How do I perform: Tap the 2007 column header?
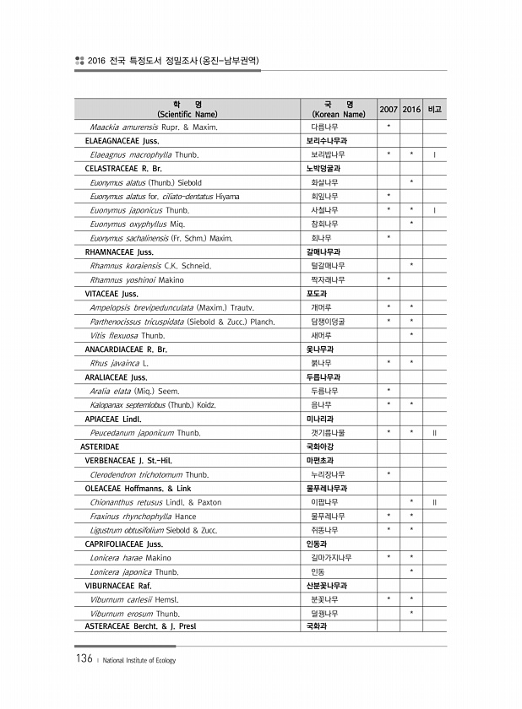click(x=389, y=110)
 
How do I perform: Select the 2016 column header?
click(x=411, y=110)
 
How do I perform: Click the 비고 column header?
click(x=434, y=110)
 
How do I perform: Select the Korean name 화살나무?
click(x=324, y=182)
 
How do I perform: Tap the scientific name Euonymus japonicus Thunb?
click(x=139, y=210)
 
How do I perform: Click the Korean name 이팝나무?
click(x=324, y=502)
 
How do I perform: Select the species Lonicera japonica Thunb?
click(x=134, y=571)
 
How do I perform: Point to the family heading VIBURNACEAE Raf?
click(x=117, y=585)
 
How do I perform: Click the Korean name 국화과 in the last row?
click(x=318, y=626)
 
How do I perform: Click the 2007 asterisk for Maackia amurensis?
click(x=389, y=127)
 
